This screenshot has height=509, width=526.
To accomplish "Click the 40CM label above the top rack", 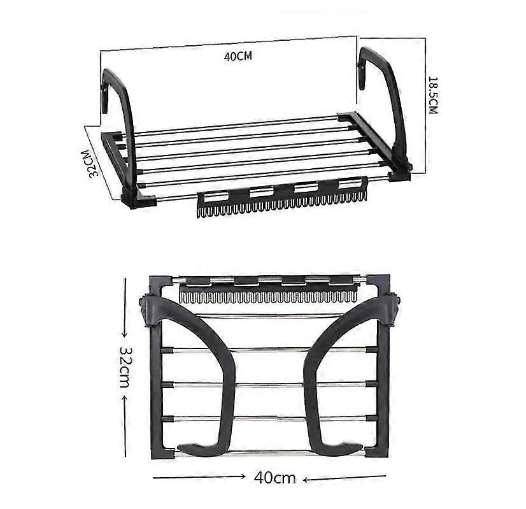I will coord(238,55).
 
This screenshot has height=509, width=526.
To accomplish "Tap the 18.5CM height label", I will coord(433,95).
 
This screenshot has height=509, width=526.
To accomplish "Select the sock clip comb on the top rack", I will coord(282,199).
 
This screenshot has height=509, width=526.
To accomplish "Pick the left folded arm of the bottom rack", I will coord(204,376).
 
